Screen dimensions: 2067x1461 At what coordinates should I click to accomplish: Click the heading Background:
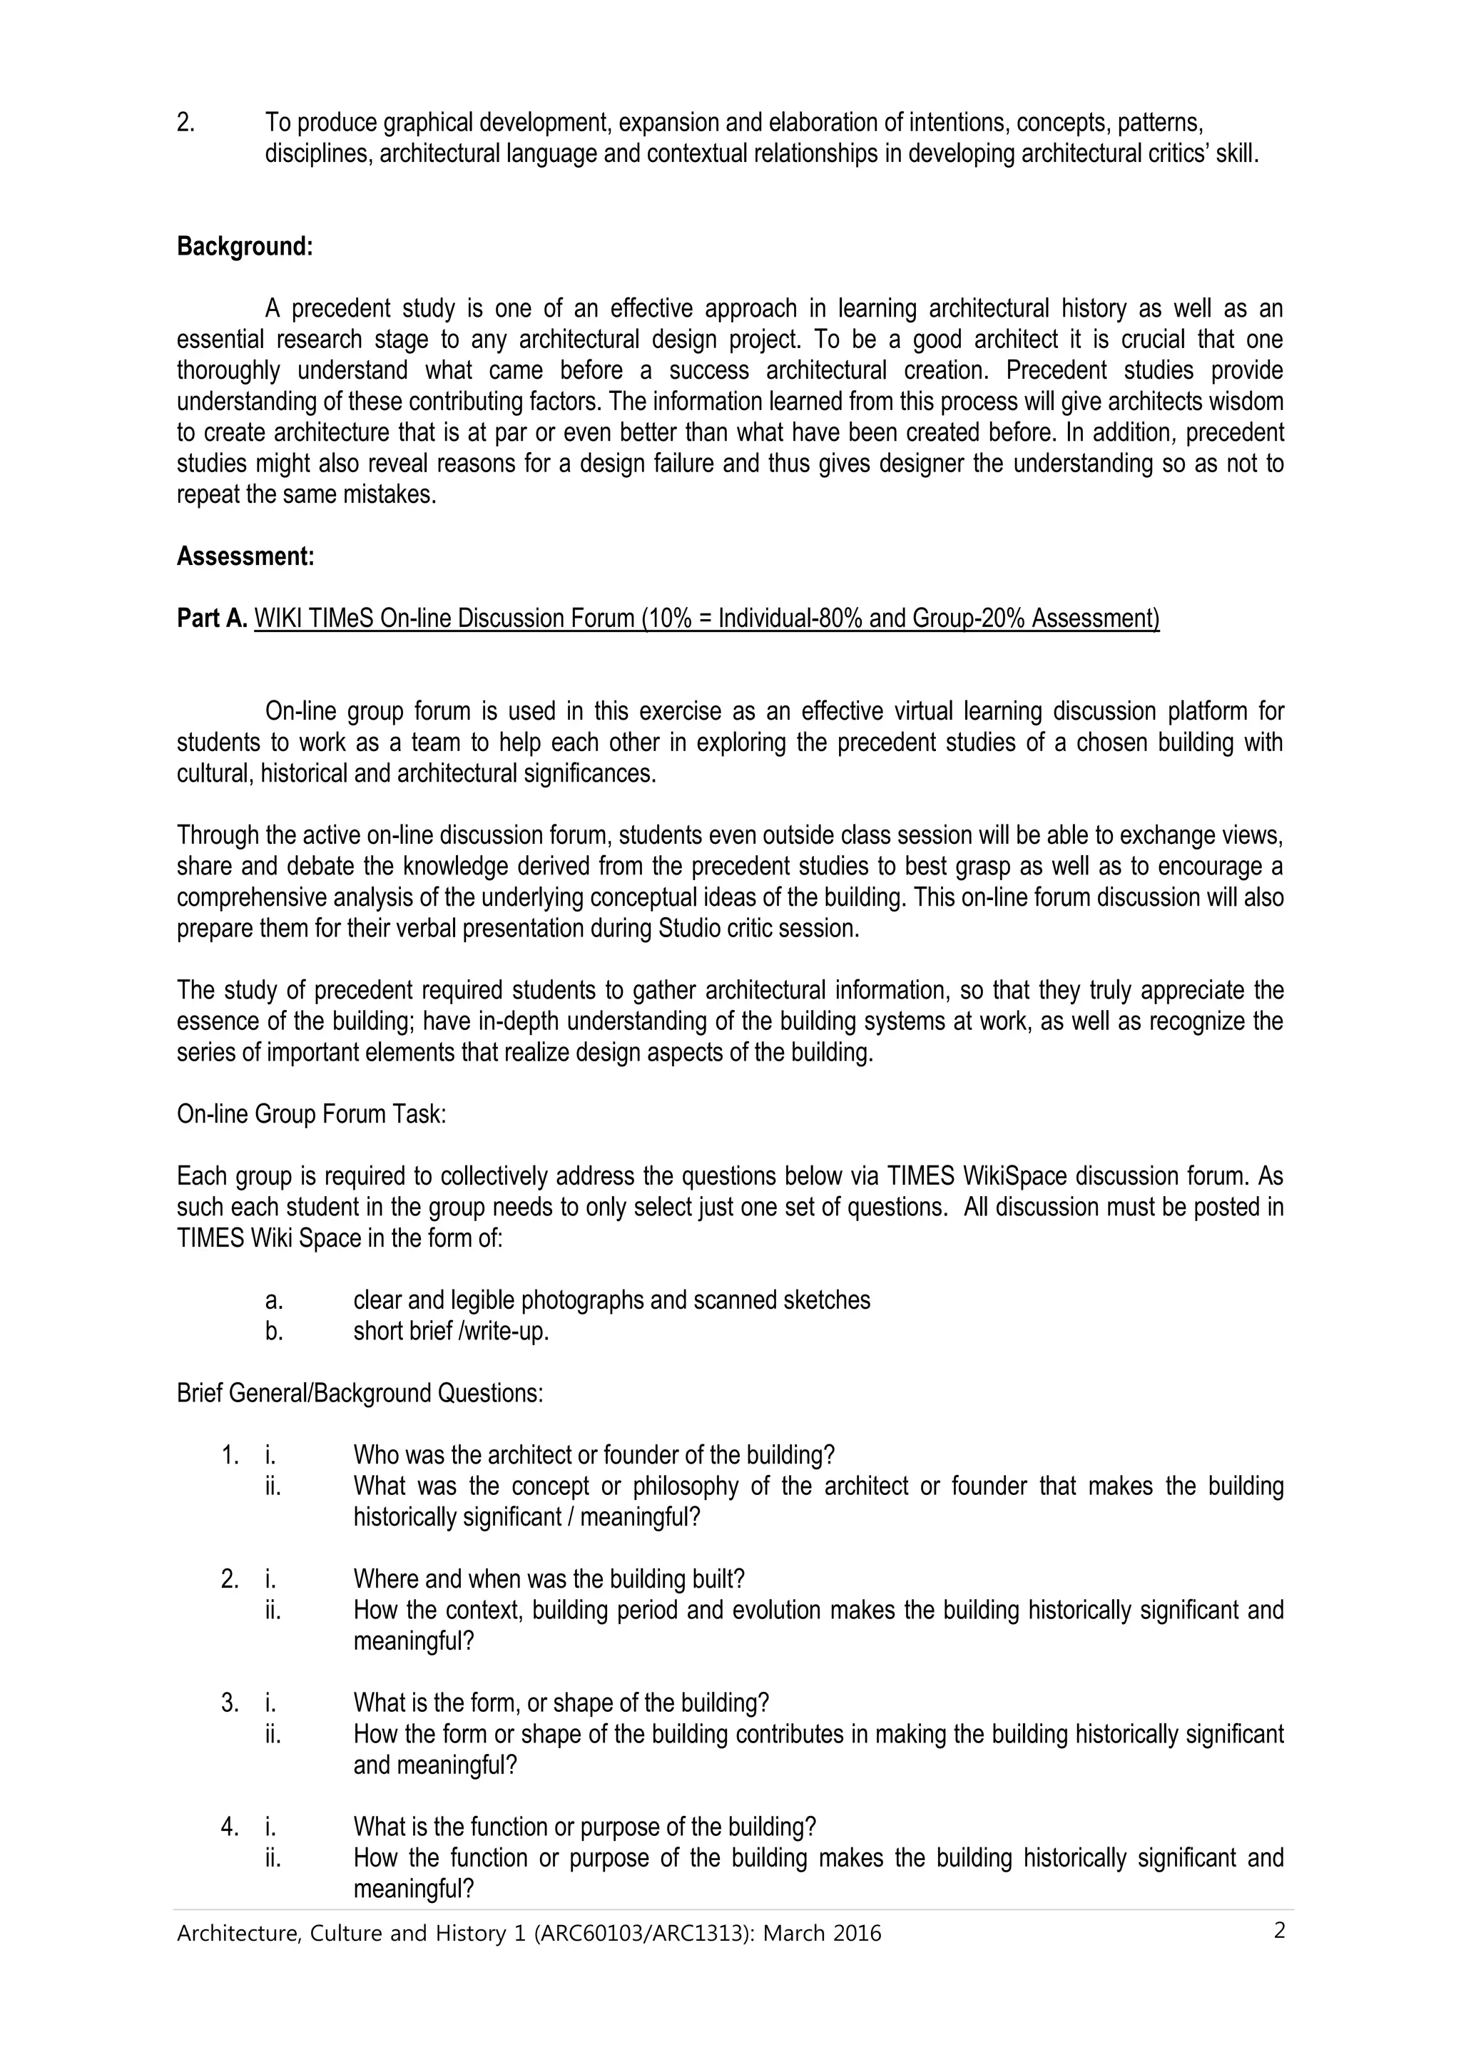[x=244, y=247]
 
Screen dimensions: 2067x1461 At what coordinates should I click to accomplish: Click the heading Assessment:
[x=245, y=556]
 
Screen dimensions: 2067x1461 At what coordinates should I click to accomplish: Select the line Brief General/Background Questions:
[x=359, y=1394]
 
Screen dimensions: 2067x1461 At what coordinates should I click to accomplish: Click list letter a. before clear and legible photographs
[x=274, y=1300]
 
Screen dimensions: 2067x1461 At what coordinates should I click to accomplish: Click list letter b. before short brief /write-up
[x=274, y=1331]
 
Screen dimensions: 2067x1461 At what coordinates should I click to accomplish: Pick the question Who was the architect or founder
[x=594, y=1455]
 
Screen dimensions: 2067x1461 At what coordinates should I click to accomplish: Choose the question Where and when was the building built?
[x=548, y=1579]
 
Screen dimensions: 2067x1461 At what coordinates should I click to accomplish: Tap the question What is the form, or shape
[x=561, y=1703]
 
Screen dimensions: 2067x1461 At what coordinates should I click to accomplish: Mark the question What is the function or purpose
[x=584, y=1827]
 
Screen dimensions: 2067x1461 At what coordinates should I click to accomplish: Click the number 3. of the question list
[x=230, y=1703]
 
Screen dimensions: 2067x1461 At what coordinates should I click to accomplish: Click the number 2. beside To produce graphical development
[x=185, y=123]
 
